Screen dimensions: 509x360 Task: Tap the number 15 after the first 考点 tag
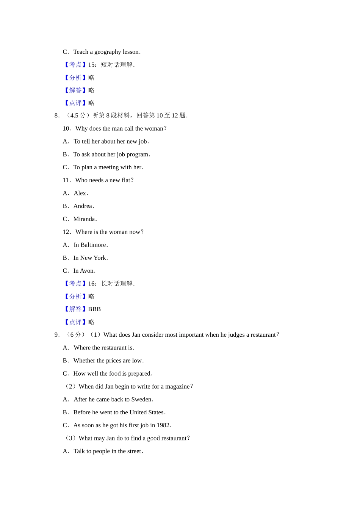91,65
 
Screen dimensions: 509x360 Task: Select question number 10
66,128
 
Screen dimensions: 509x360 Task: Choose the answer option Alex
80,193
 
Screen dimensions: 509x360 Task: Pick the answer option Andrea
83,206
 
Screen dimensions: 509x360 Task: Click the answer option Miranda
84,219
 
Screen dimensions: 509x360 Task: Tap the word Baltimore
93,245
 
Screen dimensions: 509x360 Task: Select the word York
100,258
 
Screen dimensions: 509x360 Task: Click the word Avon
87,271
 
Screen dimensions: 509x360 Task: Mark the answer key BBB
94,309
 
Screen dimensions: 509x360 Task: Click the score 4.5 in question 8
74,116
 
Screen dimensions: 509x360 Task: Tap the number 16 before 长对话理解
91,284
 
